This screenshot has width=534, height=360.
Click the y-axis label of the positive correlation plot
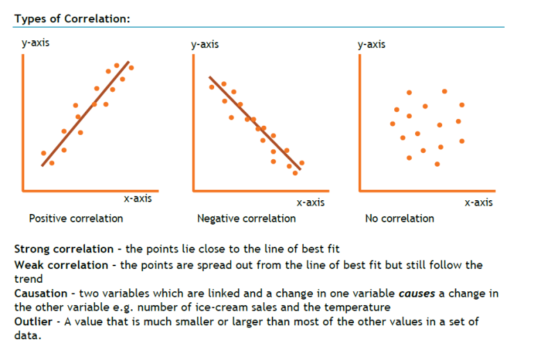(x=35, y=43)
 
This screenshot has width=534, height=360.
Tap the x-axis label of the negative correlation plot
(x=310, y=202)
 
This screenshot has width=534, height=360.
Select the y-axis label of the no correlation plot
(x=371, y=44)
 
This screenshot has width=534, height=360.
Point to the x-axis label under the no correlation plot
(x=478, y=202)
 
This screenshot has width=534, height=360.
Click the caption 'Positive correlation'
(x=76, y=218)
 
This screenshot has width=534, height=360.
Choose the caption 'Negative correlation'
(x=246, y=218)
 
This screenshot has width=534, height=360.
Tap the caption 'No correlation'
(x=399, y=218)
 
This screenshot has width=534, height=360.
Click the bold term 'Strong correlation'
(x=63, y=249)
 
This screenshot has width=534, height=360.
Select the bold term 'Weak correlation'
(x=60, y=265)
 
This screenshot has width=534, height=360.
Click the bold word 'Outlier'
(x=33, y=321)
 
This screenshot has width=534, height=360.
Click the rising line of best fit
(x=87, y=111)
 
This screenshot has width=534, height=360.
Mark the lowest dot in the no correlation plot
(x=437, y=164)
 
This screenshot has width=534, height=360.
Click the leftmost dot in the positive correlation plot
(x=44, y=153)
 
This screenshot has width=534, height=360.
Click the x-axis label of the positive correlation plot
(x=138, y=199)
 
